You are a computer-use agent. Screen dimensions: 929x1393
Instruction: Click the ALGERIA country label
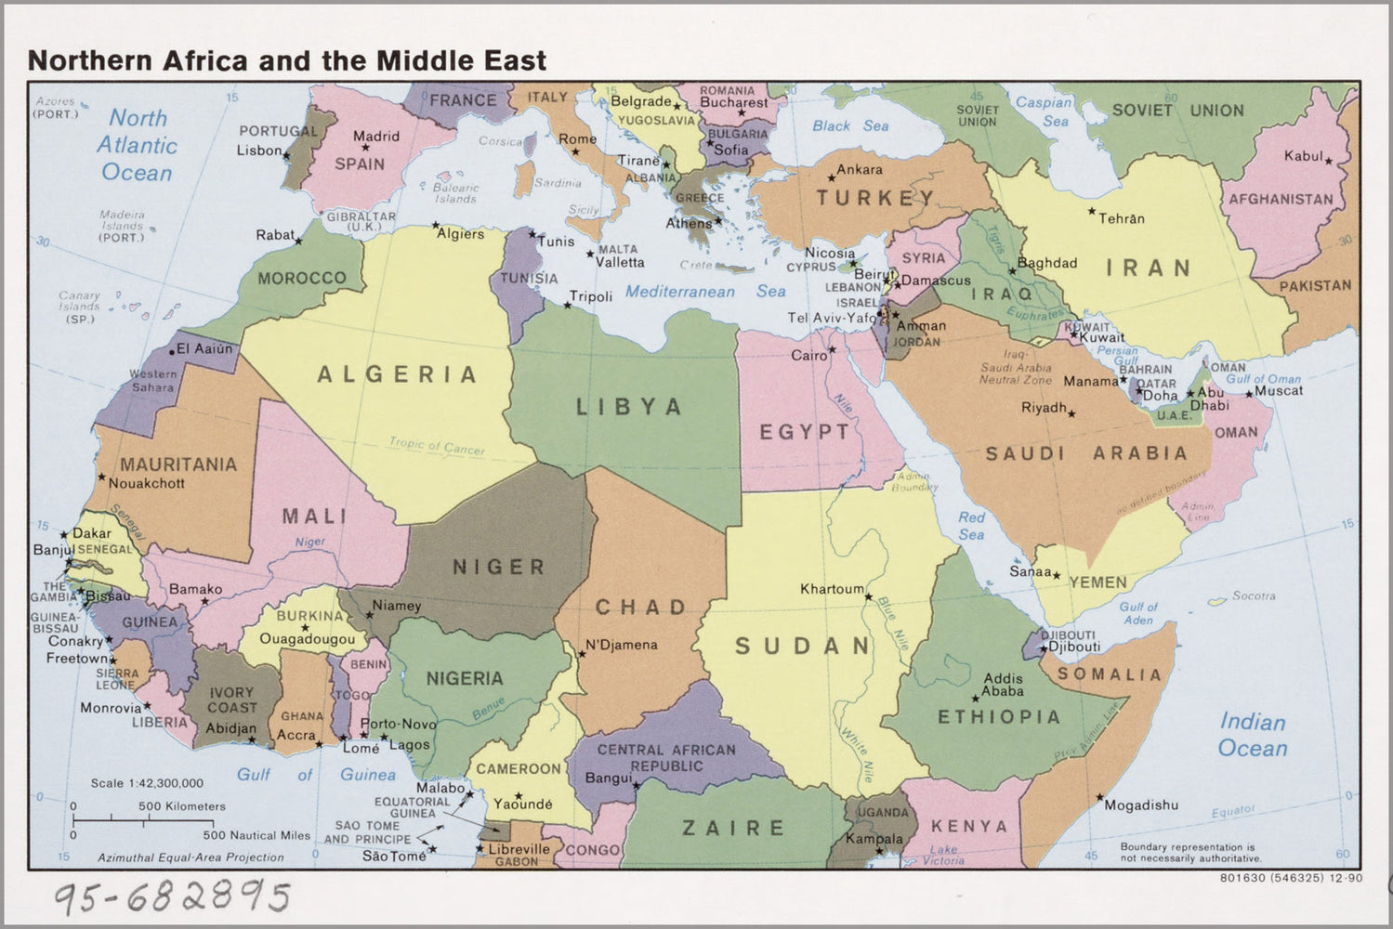(397, 374)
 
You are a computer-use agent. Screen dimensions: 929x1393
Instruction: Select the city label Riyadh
(1044, 408)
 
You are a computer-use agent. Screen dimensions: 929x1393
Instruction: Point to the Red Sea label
(971, 526)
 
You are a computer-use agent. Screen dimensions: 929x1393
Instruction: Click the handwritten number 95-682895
(172, 897)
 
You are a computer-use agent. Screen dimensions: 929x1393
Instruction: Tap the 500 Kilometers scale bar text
(182, 806)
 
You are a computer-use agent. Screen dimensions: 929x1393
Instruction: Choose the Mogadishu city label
(1141, 805)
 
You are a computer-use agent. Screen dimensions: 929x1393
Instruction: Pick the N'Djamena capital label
(621, 645)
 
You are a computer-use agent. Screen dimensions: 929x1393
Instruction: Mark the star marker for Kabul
(1329, 162)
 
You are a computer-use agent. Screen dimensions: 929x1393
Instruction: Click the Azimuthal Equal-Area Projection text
(191, 857)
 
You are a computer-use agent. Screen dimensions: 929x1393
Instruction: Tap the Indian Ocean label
(1253, 735)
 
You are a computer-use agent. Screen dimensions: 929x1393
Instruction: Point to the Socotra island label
(1254, 595)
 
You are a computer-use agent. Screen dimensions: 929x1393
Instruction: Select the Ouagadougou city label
(307, 639)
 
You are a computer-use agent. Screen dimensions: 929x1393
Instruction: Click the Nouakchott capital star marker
(101, 478)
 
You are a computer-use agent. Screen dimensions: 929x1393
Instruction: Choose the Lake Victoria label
(943, 855)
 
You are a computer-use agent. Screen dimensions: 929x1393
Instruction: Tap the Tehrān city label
(1122, 219)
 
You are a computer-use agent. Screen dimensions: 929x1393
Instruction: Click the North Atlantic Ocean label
(137, 145)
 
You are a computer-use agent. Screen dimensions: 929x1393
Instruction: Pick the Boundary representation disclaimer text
(1187, 853)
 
